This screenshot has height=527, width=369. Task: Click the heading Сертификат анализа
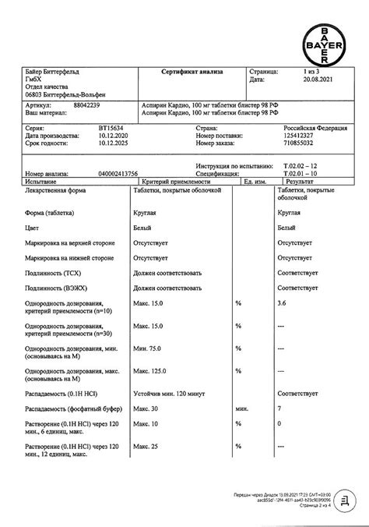pos(192,71)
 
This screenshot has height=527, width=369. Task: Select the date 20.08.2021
pos(296,80)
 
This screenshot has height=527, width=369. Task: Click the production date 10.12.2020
pos(90,136)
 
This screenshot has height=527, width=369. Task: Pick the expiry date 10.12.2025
pos(90,143)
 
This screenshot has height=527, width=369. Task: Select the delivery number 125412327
pos(297,136)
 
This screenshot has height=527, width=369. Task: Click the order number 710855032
pos(297,143)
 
